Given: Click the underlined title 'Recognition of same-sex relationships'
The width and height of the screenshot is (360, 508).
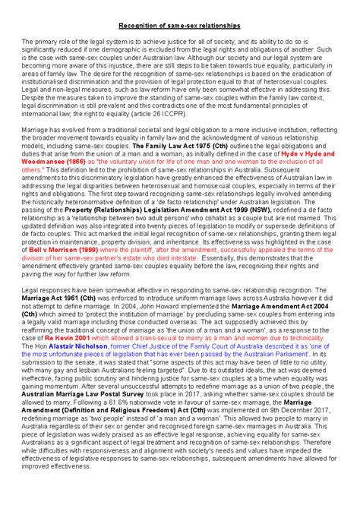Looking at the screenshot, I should pyautogui.click(x=180, y=25).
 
